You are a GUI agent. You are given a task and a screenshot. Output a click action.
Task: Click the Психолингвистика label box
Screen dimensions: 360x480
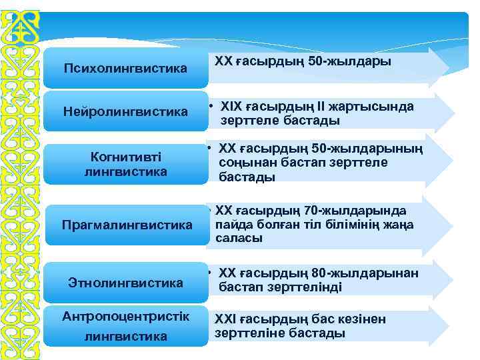(125, 68)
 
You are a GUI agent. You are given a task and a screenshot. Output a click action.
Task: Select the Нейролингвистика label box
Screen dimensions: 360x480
(125, 111)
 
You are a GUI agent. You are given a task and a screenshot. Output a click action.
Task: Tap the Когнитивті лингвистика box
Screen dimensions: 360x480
(125, 164)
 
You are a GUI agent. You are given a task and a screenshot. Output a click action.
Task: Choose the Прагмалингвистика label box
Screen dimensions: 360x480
(126, 225)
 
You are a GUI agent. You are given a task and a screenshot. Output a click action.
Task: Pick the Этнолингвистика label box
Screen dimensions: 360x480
(125, 283)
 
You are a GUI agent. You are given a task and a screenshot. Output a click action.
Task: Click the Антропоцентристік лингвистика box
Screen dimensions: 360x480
(125, 326)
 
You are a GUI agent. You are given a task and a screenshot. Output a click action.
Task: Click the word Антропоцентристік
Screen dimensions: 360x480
(125, 316)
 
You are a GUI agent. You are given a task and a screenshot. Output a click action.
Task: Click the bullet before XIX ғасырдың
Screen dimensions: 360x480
(209, 107)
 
